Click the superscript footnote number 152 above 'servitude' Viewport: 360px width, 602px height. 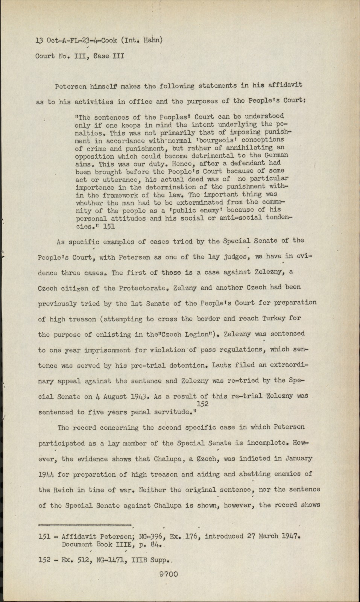202,403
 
